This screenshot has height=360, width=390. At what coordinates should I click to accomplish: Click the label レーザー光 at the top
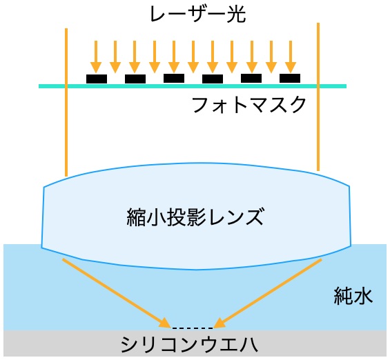(x=197, y=14)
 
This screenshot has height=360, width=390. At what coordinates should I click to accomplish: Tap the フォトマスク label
(x=249, y=105)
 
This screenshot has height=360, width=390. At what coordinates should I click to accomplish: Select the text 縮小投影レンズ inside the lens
(x=195, y=217)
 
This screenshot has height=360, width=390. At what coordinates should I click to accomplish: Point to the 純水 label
(x=353, y=296)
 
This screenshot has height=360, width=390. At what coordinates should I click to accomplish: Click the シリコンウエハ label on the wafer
(x=189, y=345)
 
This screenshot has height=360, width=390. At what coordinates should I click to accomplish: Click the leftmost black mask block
(x=97, y=79)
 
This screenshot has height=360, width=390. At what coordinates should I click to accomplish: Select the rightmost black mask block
(x=290, y=78)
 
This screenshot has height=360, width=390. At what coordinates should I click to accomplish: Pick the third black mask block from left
(x=174, y=78)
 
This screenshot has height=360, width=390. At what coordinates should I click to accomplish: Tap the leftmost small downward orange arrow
(x=96, y=57)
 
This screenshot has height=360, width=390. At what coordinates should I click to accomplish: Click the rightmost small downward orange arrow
(x=291, y=57)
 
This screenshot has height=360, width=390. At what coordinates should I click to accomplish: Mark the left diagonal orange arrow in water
(x=116, y=293)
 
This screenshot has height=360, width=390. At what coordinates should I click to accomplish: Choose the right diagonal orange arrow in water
(x=268, y=293)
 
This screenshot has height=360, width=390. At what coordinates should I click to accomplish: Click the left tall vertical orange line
(x=66, y=102)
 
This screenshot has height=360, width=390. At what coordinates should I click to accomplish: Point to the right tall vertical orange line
(x=318, y=97)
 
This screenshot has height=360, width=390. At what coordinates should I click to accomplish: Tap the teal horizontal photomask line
(x=193, y=86)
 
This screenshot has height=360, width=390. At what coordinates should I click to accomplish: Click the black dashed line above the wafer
(x=193, y=328)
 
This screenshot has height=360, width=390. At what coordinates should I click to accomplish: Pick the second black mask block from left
(x=135, y=79)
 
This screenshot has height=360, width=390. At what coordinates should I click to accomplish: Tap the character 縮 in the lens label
(x=136, y=217)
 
